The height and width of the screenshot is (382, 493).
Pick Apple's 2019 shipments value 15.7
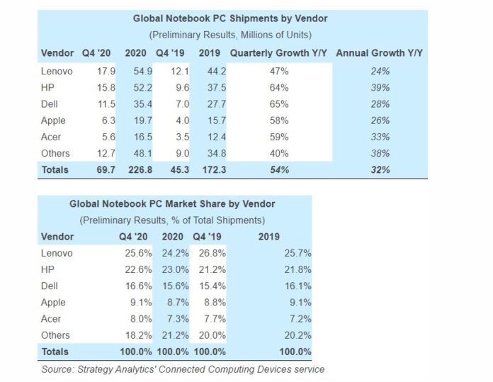click(x=211, y=120)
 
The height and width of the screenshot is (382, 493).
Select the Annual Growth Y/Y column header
click(x=380, y=52)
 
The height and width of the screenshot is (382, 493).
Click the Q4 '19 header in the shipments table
click(x=174, y=52)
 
